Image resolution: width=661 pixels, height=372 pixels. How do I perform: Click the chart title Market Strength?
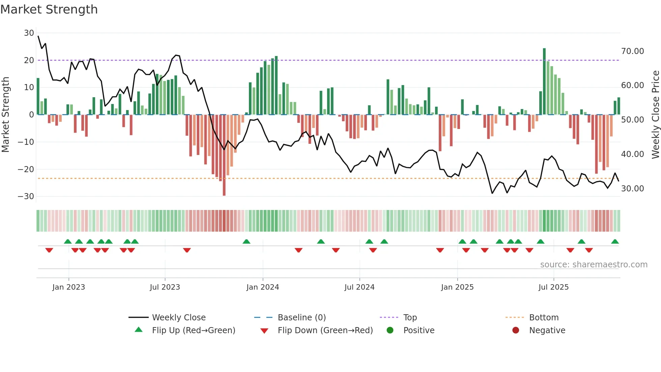tap(49, 9)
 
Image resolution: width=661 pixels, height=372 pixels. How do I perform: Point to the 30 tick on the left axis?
tap(29, 33)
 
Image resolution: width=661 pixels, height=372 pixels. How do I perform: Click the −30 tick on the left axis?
tap(26, 196)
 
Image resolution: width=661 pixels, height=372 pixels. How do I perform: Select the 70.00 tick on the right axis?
tap(632, 51)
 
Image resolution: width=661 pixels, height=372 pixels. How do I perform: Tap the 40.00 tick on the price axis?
tap(632, 154)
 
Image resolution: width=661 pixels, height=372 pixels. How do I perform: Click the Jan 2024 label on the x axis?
tap(263, 287)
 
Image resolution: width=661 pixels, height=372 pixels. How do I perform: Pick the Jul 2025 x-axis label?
tap(553, 287)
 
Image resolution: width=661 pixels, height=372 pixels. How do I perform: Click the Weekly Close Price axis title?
tap(655, 115)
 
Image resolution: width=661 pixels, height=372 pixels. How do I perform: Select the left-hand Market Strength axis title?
tap(6, 115)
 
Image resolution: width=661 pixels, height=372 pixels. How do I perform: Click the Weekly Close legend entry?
tap(179, 318)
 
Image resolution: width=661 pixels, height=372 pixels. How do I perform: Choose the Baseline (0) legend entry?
tap(301, 318)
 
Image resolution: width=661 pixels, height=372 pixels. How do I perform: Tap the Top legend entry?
tap(410, 318)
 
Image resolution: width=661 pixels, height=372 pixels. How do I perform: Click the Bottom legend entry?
tap(544, 318)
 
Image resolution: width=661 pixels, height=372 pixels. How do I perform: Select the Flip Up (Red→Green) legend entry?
tap(193, 330)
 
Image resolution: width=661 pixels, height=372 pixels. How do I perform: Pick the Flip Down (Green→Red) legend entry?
tap(325, 330)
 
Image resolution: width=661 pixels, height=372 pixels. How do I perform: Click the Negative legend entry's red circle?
tap(516, 330)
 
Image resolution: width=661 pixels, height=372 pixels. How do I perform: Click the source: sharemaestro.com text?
tap(594, 265)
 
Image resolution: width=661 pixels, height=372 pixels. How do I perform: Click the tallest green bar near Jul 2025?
tap(544, 81)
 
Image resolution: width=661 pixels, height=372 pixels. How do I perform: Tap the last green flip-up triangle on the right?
tap(615, 242)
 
